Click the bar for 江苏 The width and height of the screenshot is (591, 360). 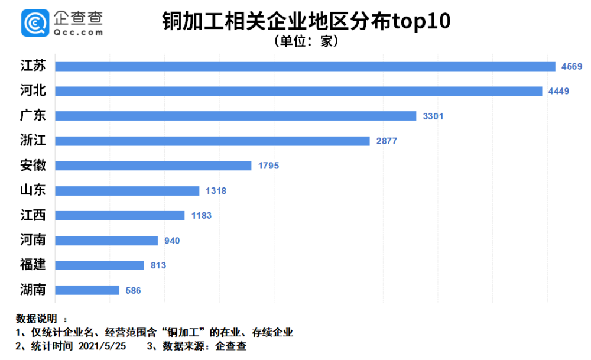305,66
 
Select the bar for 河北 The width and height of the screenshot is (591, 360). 298,91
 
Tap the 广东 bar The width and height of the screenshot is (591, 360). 236,116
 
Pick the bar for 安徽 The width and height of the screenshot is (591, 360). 153,166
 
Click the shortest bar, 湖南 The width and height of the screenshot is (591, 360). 87,290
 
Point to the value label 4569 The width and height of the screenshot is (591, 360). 571,66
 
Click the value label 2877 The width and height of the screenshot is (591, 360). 387,141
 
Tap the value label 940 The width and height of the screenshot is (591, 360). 172,241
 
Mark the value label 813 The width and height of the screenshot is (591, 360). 158,265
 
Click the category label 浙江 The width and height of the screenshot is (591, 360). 33,141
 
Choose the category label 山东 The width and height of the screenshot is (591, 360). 33,190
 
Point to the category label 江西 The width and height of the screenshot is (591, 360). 33,216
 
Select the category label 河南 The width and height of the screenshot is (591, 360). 33,241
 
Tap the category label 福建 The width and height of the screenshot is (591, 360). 33,265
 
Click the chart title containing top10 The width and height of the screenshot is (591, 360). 306,22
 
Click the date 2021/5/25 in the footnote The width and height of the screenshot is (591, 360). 102,346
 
